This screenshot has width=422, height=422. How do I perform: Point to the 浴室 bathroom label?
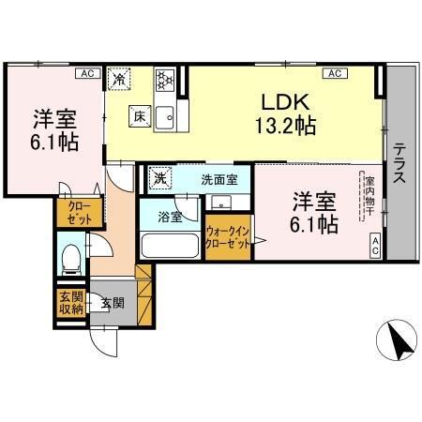(169, 217)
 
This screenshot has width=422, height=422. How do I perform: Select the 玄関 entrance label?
(113, 303)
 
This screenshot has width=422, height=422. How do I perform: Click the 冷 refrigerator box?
(120, 80)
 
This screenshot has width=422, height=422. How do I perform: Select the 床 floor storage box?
(137, 116)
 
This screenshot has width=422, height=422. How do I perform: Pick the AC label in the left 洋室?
(85, 72)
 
